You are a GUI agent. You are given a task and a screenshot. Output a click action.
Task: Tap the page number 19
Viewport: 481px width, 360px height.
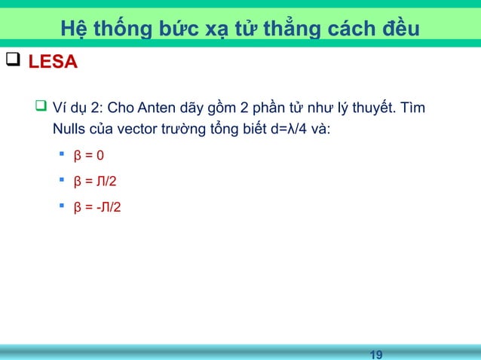tap(377, 353)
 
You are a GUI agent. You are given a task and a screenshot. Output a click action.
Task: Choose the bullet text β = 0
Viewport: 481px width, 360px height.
tap(89, 158)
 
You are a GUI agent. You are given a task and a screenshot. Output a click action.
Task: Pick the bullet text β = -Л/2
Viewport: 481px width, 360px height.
tap(95, 206)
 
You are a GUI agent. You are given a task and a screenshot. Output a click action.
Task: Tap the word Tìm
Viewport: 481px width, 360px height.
tap(412, 111)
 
